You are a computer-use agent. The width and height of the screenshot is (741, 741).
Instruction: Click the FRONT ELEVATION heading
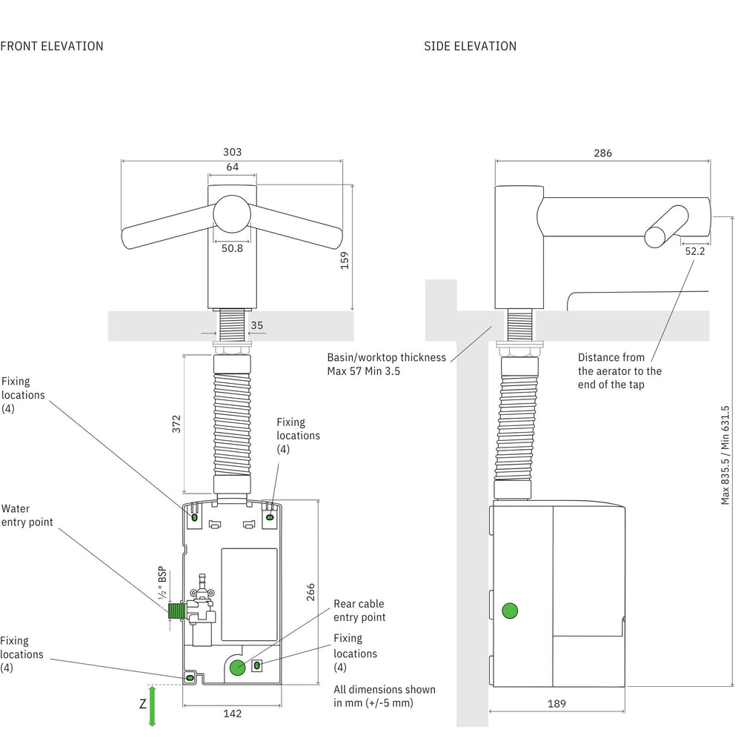(52, 46)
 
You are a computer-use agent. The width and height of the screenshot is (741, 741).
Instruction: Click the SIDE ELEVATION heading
(470, 46)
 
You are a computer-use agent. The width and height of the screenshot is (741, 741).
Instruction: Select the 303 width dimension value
(232, 152)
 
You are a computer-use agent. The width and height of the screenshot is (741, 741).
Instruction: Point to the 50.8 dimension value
(232, 249)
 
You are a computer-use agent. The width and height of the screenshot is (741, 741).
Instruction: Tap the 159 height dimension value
(345, 260)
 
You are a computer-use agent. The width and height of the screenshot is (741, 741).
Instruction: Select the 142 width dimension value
(232, 714)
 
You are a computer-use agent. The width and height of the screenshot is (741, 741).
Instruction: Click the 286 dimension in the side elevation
(602, 153)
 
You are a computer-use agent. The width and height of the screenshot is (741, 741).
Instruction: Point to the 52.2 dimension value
(694, 251)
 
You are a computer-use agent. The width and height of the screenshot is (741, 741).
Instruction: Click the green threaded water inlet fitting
(176, 611)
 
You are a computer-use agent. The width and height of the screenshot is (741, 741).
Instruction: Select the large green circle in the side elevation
(510, 611)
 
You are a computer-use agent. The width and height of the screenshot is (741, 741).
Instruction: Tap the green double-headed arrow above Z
(152, 705)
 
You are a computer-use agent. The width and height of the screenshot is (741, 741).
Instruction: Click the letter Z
(142, 705)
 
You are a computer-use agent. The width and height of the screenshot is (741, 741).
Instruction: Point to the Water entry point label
(27, 516)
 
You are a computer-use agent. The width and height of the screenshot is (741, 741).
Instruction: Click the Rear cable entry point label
(359, 611)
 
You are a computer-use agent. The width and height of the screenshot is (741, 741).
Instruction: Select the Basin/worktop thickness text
(386, 364)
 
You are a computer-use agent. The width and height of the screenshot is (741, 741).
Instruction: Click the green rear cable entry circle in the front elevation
(237, 667)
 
